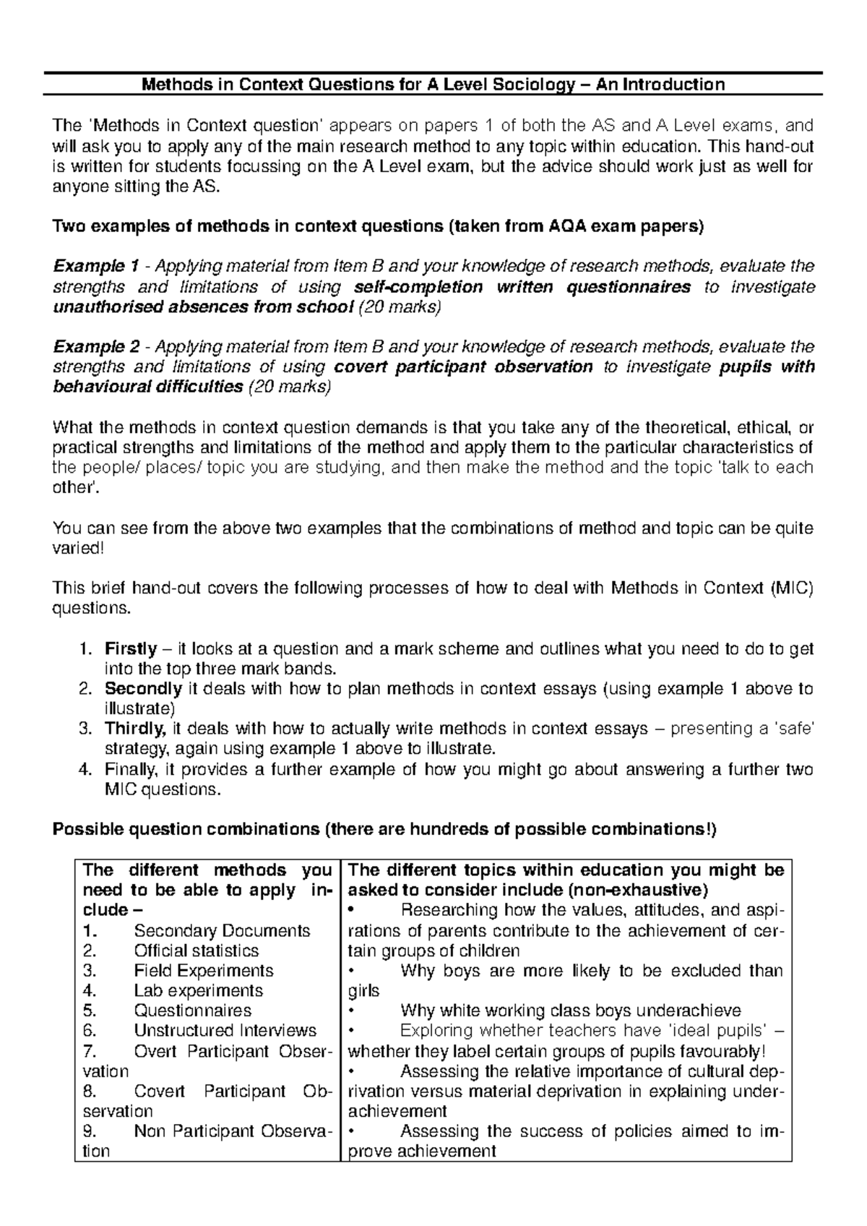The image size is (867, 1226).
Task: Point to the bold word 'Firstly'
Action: [x=131, y=649]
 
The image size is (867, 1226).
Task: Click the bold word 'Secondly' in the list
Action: [x=143, y=689]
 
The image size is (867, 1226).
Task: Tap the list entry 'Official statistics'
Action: [x=197, y=951]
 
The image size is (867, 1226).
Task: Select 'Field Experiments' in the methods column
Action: [x=204, y=970]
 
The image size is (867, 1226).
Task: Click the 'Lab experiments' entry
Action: [x=199, y=990]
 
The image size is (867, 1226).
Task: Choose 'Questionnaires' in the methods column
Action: [x=193, y=1011]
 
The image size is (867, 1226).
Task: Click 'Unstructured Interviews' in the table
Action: [x=225, y=1030]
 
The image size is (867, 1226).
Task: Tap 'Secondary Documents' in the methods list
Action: [x=222, y=930]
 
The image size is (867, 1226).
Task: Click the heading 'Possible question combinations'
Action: [x=186, y=829]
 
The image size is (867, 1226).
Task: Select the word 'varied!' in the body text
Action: [x=79, y=548]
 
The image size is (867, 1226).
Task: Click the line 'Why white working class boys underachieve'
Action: [x=570, y=1011]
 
